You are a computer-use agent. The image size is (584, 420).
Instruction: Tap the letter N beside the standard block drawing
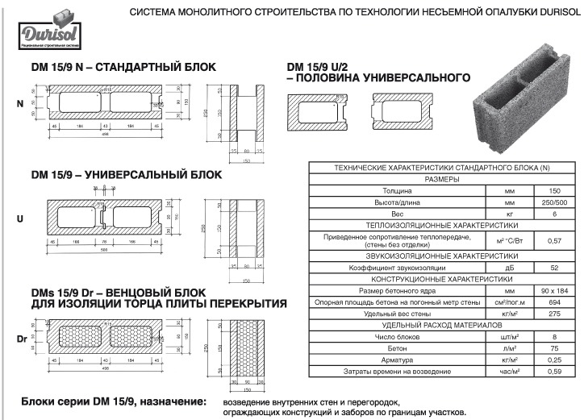[x=20, y=104]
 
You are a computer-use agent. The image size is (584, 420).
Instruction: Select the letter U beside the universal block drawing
[x=20, y=218]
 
